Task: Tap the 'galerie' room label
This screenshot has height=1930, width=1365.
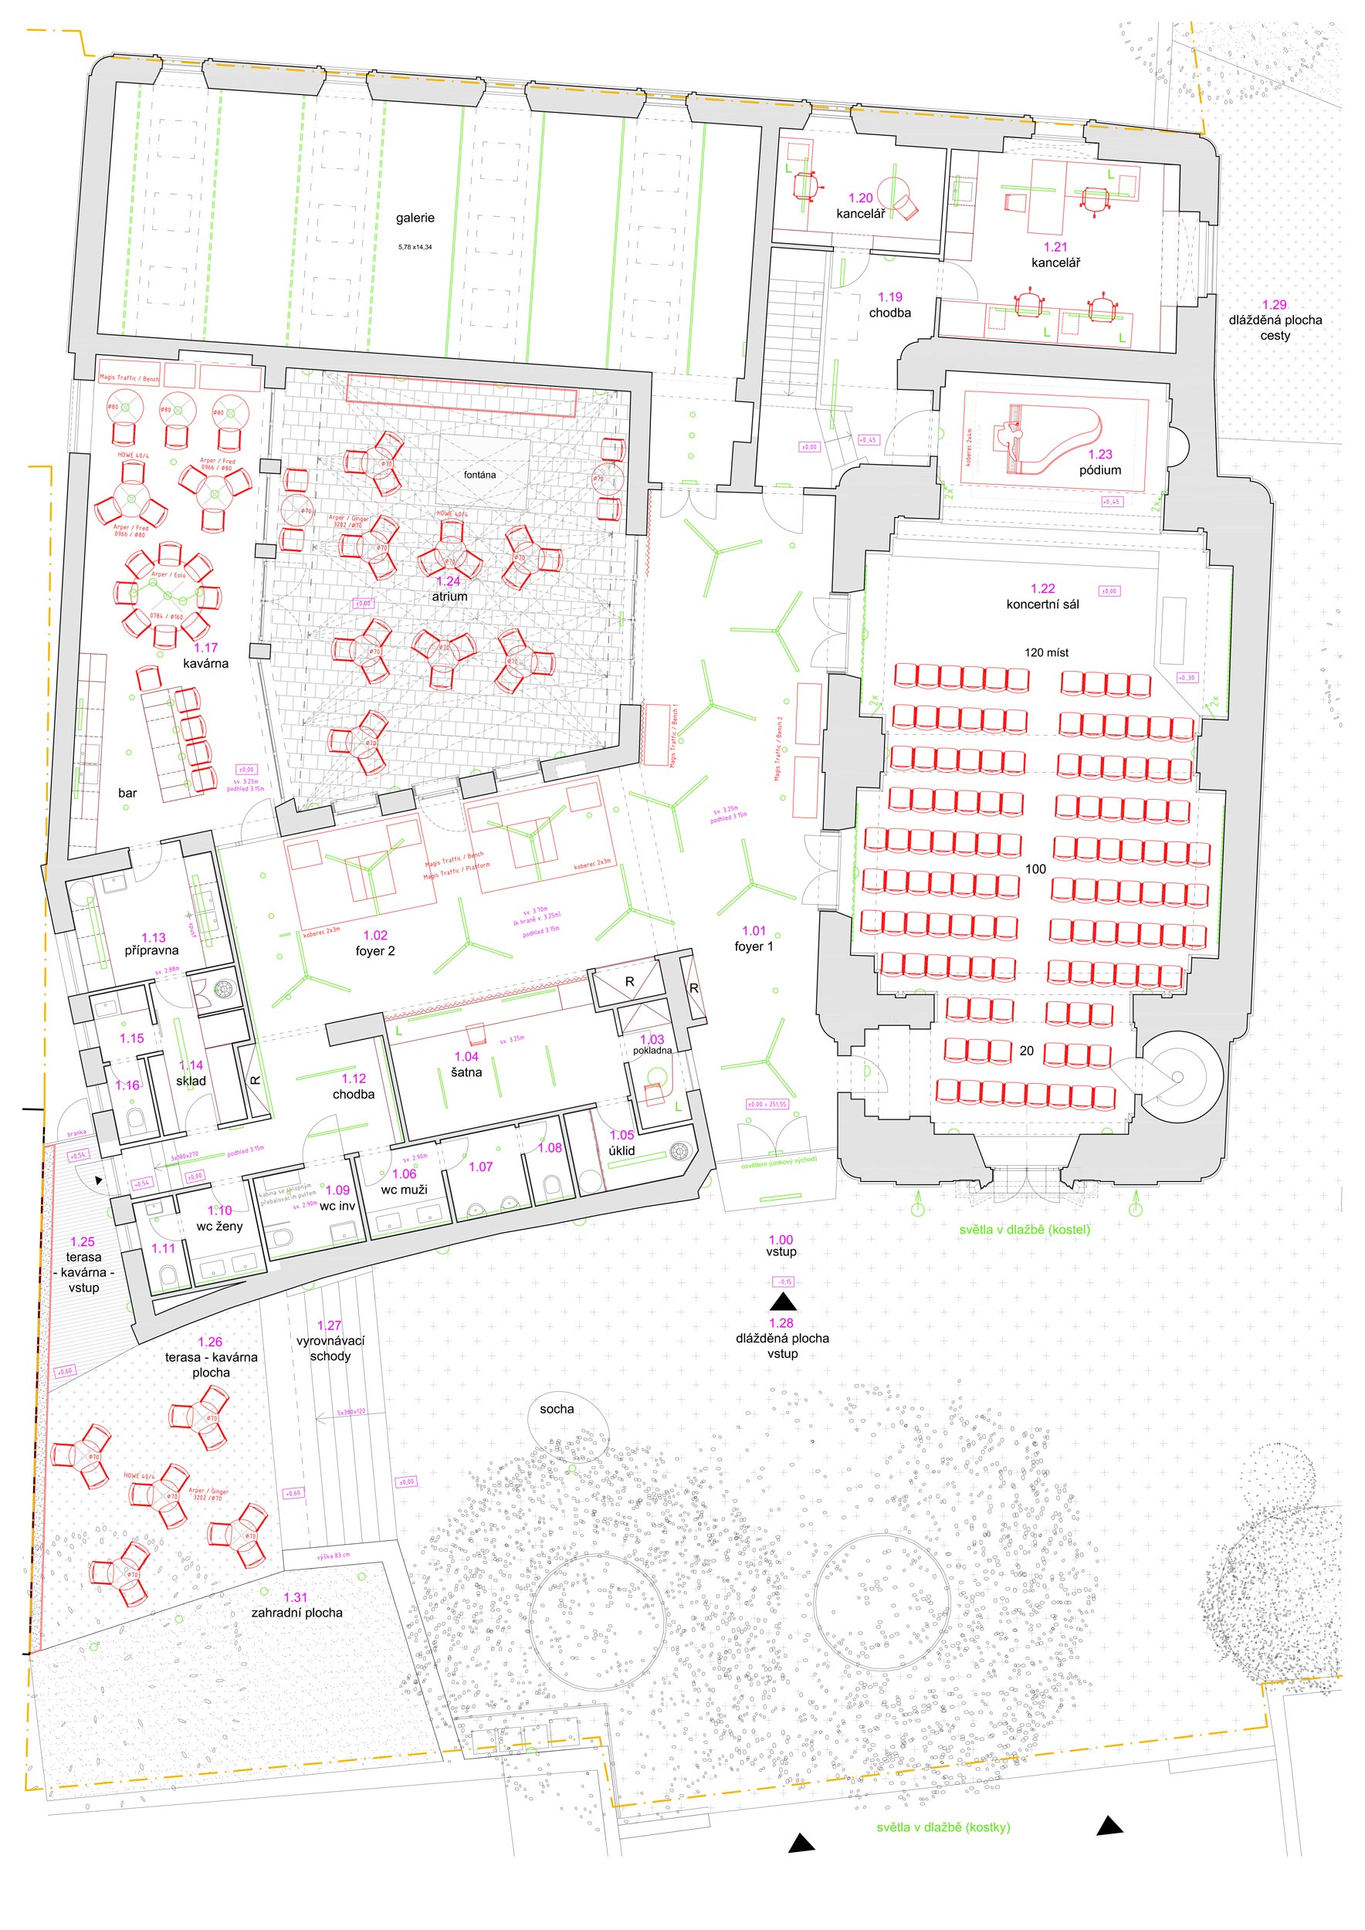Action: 415,218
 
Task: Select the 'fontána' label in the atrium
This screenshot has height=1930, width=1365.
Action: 480,475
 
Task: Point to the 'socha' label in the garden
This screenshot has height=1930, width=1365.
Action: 557,1409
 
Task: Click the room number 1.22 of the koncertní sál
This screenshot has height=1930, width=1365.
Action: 1042,588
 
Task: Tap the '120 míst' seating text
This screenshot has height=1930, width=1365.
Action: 1046,652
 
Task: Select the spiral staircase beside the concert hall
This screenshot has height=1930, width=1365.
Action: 1177,1077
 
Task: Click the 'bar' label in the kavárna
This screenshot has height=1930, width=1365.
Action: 127,793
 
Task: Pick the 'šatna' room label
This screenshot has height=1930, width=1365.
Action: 466,1072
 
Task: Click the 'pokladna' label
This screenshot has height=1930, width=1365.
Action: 652,1050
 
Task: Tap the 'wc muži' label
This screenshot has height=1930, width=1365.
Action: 405,1190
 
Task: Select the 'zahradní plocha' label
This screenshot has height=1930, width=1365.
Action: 296,1612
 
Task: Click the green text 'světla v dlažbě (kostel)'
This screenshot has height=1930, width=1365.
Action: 1025,1230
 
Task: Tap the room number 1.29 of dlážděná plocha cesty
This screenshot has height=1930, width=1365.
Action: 1274,305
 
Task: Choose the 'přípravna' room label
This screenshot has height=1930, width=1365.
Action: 152,950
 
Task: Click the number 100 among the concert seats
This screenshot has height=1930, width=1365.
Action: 1035,869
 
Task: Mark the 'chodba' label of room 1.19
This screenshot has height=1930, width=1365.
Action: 890,313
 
